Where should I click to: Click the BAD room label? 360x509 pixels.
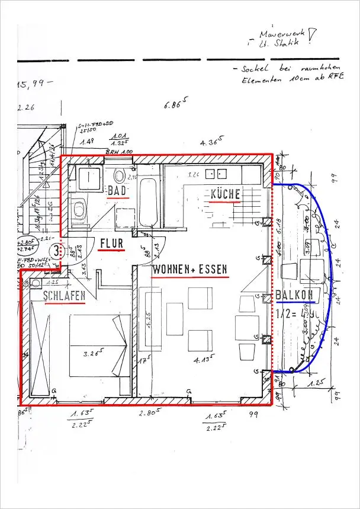(x=118, y=190)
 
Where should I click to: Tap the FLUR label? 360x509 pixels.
(x=111, y=242)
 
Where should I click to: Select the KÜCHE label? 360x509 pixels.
(x=225, y=194)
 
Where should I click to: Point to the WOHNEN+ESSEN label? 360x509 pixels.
(x=189, y=269)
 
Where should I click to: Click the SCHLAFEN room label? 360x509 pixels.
(x=63, y=295)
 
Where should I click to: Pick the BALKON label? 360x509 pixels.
(x=294, y=295)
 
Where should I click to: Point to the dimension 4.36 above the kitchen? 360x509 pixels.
(x=211, y=143)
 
